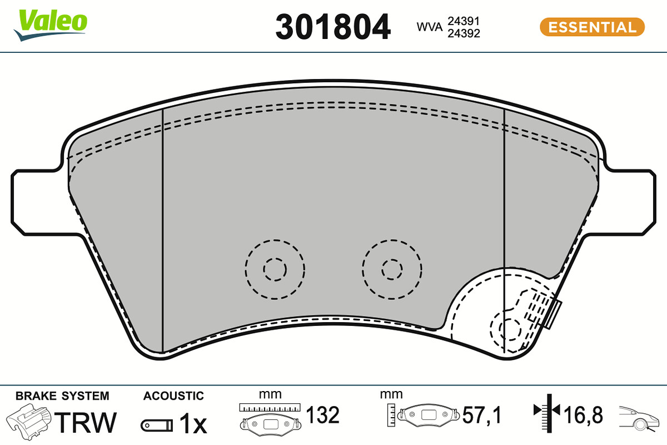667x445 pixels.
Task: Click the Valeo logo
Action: (x=50, y=25)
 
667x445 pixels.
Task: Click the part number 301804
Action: (x=332, y=27)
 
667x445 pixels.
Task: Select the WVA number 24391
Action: (x=464, y=21)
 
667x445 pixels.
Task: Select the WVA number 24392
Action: (x=464, y=33)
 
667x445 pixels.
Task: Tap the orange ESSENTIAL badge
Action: (x=593, y=27)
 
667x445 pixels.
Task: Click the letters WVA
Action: (x=429, y=27)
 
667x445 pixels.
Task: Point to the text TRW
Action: (x=85, y=423)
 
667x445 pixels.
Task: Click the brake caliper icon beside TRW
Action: (x=29, y=422)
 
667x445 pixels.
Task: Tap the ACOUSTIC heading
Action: (x=173, y=396)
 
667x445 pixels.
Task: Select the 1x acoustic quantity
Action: (x=193, y=423)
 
